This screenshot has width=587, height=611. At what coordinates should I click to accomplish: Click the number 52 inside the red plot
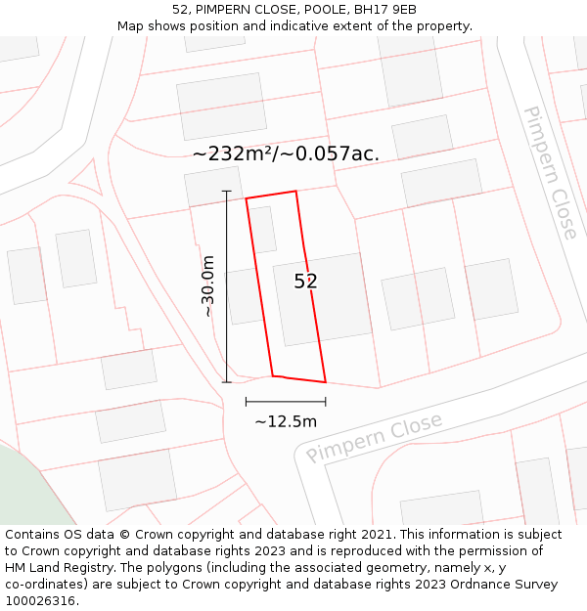coord(305,282)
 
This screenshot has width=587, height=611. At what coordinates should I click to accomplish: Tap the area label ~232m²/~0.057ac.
coord(286,153)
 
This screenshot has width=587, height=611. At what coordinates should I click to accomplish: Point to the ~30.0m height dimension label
coord(207,285)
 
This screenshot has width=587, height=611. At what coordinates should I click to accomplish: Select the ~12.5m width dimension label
coord(286,421)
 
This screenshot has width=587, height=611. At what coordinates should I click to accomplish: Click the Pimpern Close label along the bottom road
coord(374,438)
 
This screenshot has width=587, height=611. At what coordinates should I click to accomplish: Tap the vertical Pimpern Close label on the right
coord(550,173)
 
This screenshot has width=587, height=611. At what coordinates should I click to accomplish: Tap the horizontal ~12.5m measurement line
coord(286,402)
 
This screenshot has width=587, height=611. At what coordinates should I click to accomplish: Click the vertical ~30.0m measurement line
coord(227,285)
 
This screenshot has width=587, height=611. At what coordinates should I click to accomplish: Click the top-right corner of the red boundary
coord(295,192)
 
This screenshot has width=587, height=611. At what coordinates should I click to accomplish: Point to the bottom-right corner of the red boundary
coord(325,382)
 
